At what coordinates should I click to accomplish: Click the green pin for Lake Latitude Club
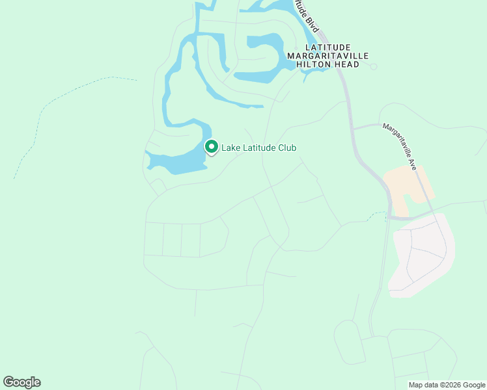click(x=211, y=147)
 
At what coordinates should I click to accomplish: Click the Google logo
click(x=21, y=382)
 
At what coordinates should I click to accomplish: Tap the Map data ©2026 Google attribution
click(x=447, y=385)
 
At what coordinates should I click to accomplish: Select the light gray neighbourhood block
click(x=422, y=257)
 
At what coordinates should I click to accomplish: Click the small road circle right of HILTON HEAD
click(x=374, y=66)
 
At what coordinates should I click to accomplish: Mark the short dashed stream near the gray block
click(x=376, y=214)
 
